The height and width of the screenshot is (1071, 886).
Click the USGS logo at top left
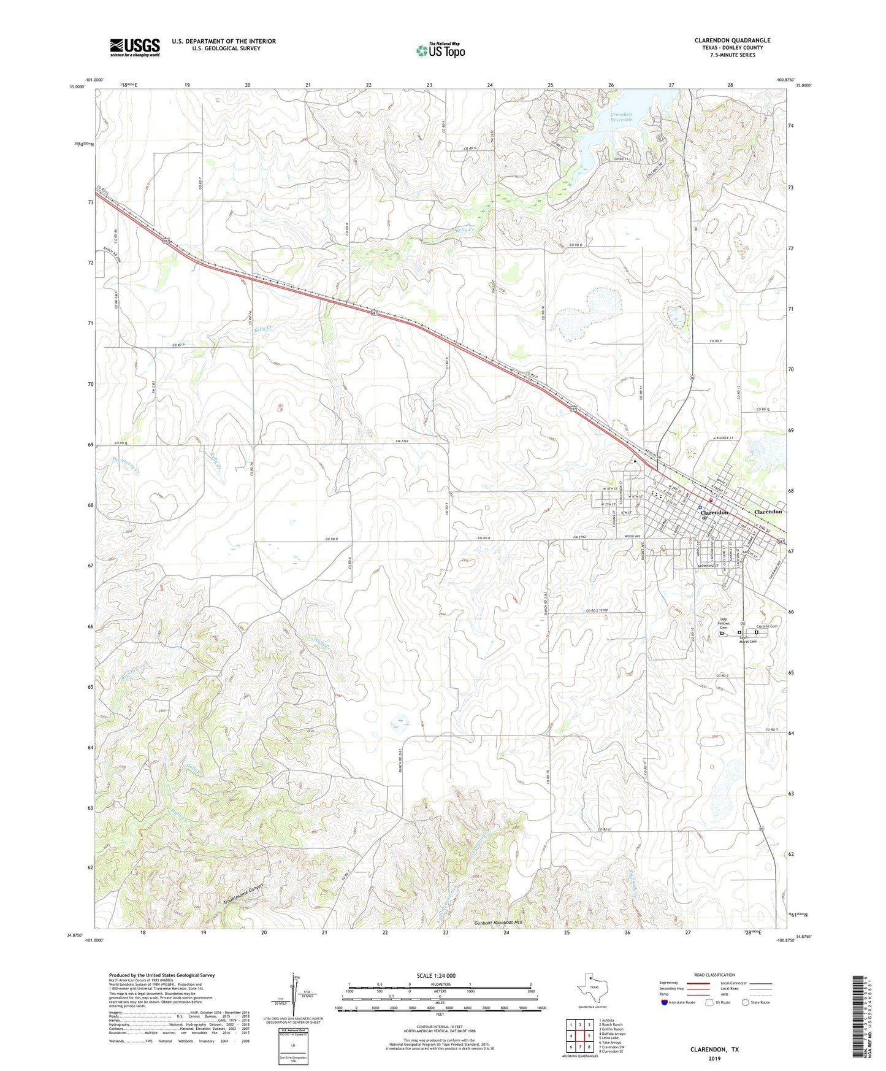tap(135, 47)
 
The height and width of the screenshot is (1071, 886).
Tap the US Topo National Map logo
tap(440, 50)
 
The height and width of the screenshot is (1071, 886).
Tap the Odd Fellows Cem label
tap(724, 624)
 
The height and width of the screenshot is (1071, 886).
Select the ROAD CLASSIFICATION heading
tap(714, 975)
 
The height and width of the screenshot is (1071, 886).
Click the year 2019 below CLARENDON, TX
tap(714, 1058)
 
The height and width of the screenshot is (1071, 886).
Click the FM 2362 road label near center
tap(402, 442)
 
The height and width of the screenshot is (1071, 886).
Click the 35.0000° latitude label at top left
tap(86, 86)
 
